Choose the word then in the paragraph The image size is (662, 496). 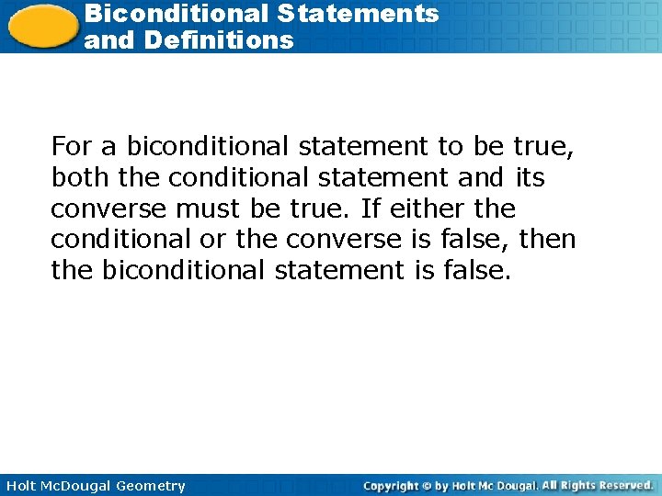pos(547,240)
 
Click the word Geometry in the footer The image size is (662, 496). pos(151,486)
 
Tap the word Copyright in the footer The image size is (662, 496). pos(392,485)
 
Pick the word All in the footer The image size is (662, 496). pos(549,485)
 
